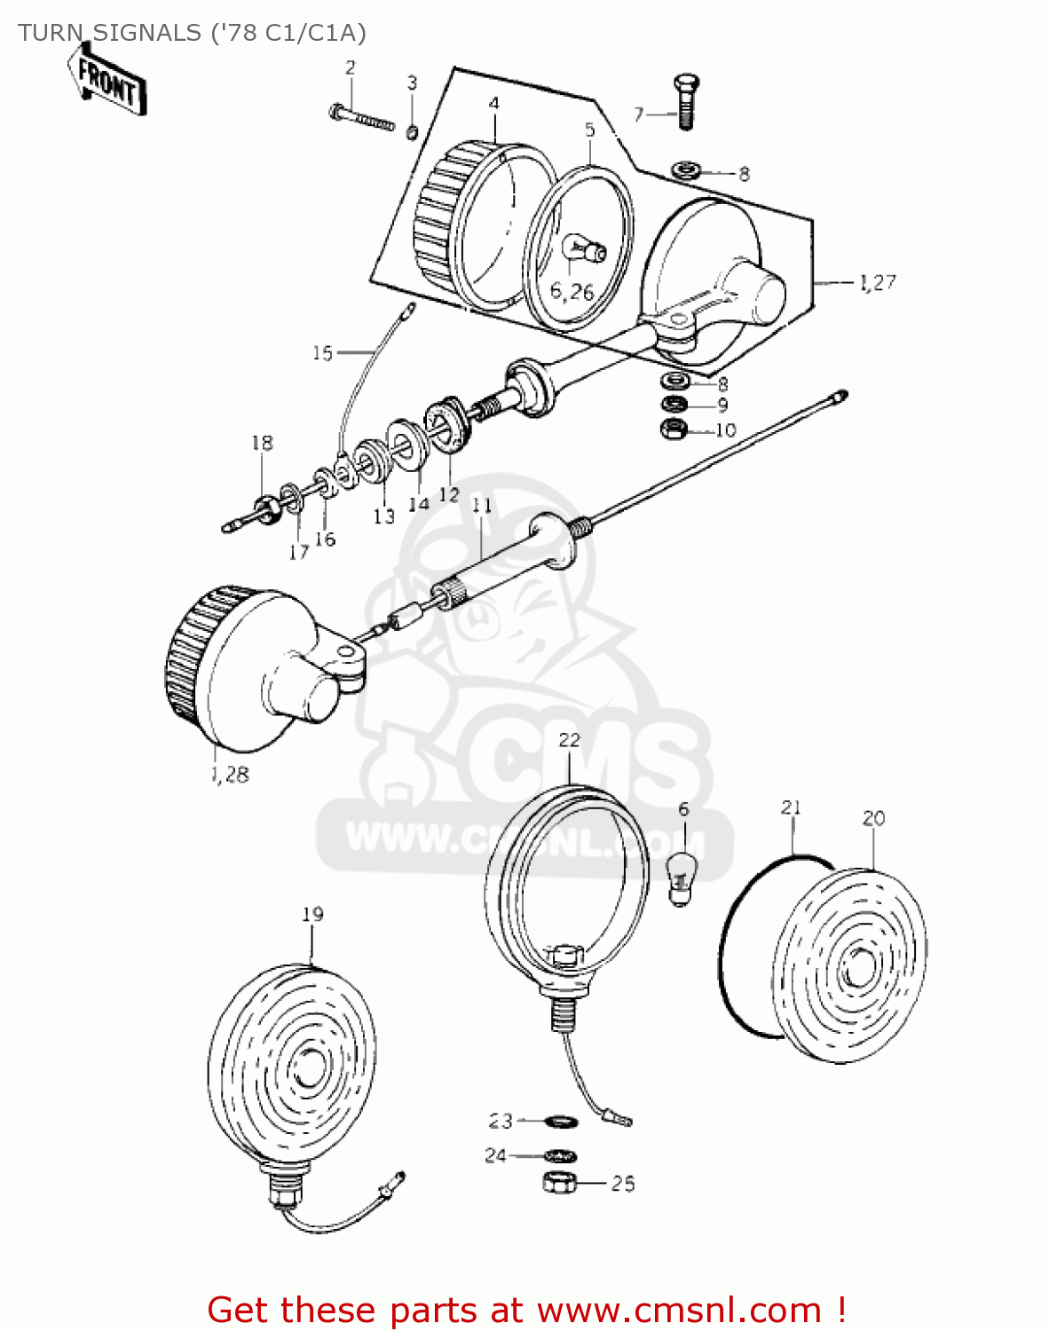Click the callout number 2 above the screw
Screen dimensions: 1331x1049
coord(351,67)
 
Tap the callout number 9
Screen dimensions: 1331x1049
coord(722,406)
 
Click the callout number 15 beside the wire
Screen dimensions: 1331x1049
coord(322,353)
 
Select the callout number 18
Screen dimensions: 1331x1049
coord(262,443)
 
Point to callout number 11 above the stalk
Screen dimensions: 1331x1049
coord(482,506)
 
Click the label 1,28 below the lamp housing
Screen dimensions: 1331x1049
coord(231,775)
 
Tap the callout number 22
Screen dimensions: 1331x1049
coord(569,740)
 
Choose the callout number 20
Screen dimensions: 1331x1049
coord(873,818)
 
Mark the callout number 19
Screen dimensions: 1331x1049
coord(312,914)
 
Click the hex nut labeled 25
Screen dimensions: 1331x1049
coord(560,1182)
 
